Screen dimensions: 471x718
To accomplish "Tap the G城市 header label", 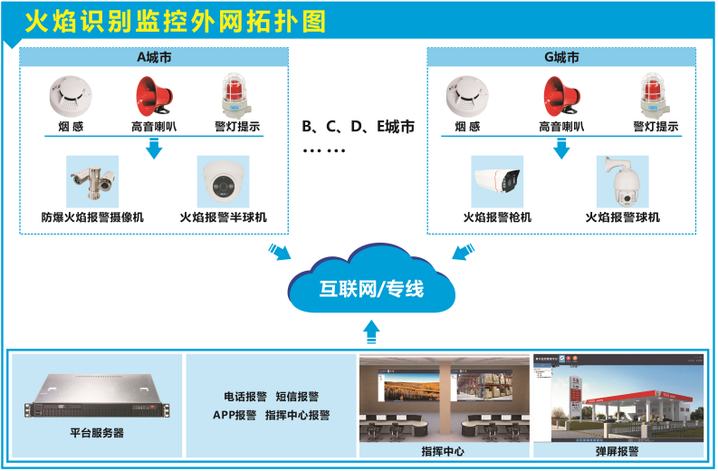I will [x=561, y=57].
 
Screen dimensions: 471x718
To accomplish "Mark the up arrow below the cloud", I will [x=370, y=331].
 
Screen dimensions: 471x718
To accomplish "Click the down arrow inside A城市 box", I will [x=155, y=148].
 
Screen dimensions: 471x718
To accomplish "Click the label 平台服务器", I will [x=97, y=433].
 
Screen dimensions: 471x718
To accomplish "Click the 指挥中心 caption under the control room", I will [x=444, y=451].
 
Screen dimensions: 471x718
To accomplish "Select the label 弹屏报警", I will [x=616, y=451].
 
